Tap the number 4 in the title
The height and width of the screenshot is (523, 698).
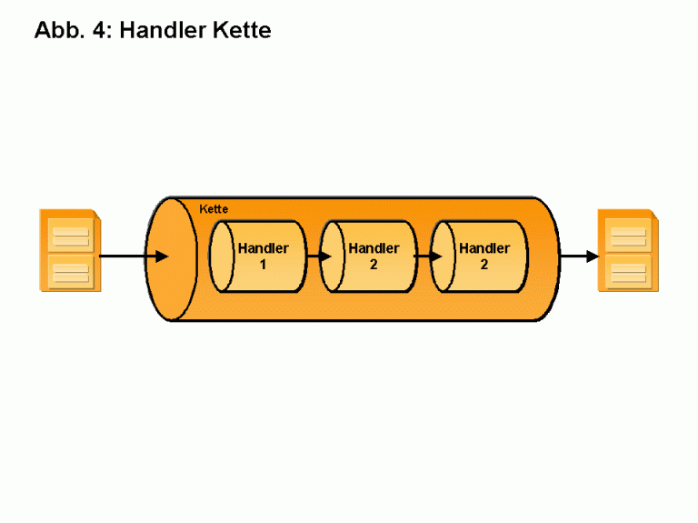[101, 30]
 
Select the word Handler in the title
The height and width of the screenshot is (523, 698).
[160, 30]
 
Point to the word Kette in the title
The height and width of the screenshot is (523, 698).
[240, 30]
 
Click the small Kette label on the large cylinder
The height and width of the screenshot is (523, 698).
[214, 209]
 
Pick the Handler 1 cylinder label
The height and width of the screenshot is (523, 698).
[263, 256]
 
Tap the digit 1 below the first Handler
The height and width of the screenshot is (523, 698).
[263, 265]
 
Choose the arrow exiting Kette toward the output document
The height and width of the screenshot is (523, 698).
[578, 256]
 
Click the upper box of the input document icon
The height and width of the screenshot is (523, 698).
[70, 236]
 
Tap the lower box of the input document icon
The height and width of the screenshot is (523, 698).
[70, 271]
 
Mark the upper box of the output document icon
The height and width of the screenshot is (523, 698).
[628, 236]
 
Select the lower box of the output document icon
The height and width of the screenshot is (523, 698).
[628, 271]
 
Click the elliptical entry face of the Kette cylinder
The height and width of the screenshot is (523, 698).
[172, 258]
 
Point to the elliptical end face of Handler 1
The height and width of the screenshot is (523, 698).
[221, 257]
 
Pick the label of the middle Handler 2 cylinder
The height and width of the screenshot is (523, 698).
[374, 256]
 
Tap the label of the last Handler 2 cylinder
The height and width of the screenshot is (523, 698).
[484, 256]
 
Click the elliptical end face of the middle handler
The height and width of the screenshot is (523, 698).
[333, 257]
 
